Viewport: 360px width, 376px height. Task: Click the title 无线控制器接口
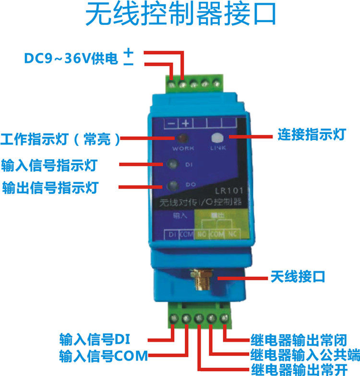coord(180,16)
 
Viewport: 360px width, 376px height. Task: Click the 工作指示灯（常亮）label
coord(60,140)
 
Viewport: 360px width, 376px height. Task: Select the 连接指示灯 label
coord(312,135)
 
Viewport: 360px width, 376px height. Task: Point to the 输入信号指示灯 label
coord(50,165)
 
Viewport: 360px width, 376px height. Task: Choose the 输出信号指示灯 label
coord(50,188)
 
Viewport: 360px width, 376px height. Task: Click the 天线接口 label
coord(298,276)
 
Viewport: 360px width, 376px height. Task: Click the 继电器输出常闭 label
coord(298,340)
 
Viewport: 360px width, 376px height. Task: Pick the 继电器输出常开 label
coord(298,369)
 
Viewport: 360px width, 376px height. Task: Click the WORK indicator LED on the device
coord(183,139)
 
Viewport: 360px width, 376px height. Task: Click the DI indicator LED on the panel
coord(174,164)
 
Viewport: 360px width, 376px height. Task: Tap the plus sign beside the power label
coord(128,51)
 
